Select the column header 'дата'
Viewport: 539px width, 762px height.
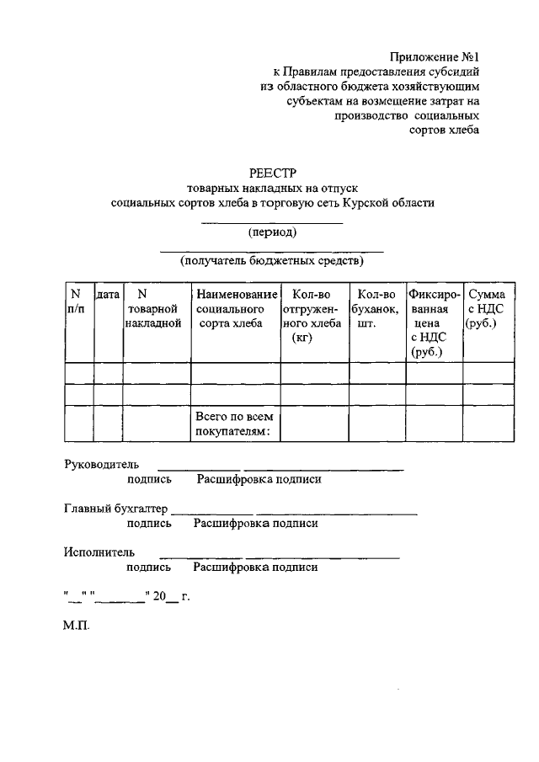pyautogui.click(x=108, y=295)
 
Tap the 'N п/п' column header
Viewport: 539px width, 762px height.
pyautogui.click(x=76, y=301)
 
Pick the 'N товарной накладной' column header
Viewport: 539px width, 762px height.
pyautogui.click(x=153, y=308)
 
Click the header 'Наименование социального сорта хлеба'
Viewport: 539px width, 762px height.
pyautogui.click(x=236, y=308)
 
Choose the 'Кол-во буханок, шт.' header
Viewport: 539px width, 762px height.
pyautogui.click(x=376, y=308)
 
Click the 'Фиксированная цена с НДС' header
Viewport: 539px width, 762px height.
pyautogui.click(x=434, y=322)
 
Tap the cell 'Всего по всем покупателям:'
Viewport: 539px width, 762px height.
pyautogui.click(x=235, y=424)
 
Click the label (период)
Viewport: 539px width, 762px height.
pyautogui.click(x=272, y=232)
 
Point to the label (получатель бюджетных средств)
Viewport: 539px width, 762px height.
pyautogui.click(x=272, y=261)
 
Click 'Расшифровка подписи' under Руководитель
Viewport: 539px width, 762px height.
pyautogui.click(x=259, y=479)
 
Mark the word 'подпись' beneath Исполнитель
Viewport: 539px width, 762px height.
pyautogui.click(x=150, y=568)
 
